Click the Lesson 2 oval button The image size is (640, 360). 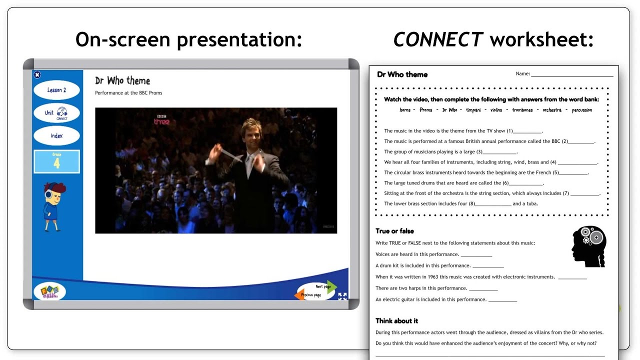click(x=56, y=90)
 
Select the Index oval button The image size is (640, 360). click(x=56, y=135)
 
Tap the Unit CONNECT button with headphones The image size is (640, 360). click(x=56, y=113)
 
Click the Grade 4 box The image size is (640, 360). click(x=56, y=161)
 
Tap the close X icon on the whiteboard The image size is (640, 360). click(x=37, y=74)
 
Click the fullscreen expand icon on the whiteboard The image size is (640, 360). click(x=342, y=296)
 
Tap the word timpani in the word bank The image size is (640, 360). click(x=473, y=110)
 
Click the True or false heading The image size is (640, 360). click(x=394, y=231)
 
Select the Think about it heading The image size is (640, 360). click(x=396, y=320)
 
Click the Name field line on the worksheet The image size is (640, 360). click(x=572, y=74)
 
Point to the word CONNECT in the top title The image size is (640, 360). click(x=438, y=39)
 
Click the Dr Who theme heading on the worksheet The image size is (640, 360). click(x=402, y=74)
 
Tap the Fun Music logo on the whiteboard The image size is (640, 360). click(x=49, y=291)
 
